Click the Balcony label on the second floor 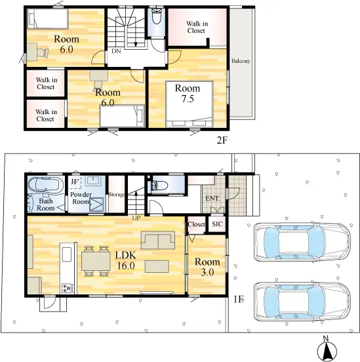[241, 61]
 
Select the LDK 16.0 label [126, 260]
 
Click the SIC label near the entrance [217, 224]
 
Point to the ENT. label [212, 198]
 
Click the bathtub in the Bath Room [46, 185]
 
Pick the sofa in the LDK [158, 240]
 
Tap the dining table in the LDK [96, 261]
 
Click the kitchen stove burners [67, 288]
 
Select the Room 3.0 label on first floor [207, 267]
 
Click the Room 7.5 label [188, 93]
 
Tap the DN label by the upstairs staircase [116, 51]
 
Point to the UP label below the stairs [136, 218]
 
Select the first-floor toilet [159, 186]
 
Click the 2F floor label [222, 140]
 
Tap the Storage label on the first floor [116, 195]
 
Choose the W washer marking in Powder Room [74, 182]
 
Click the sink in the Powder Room [92, 181]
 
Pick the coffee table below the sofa [157, 266]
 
